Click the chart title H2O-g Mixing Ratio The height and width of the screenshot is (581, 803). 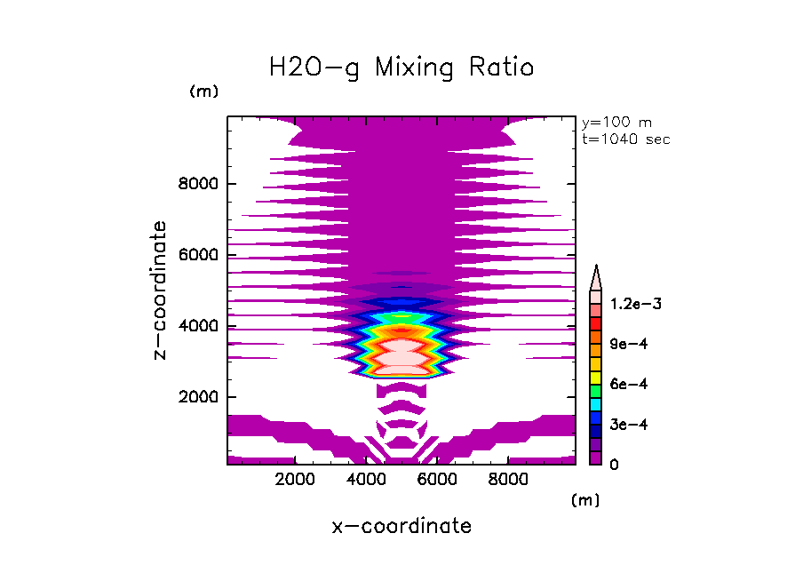[x=401, y=68]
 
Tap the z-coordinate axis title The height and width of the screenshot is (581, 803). [x=161, y=290]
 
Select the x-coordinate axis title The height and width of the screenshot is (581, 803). [x=401, y=526]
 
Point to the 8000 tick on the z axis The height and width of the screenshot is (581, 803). [x=203, y=185]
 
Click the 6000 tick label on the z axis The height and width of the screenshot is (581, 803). [x=203, y=256]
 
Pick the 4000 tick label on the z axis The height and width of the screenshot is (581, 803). [x=203, y=326]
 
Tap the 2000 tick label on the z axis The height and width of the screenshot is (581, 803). [x=203, y=397]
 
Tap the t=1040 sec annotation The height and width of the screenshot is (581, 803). [x=626, y=139]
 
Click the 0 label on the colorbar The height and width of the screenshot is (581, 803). [x=615, y=465]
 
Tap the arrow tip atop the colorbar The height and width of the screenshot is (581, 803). [x=597, y=269]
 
